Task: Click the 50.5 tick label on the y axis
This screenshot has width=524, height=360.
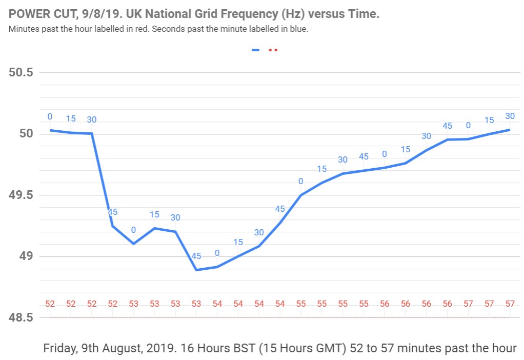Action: (21, 72)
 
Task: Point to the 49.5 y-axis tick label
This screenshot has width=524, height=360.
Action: (21, 195)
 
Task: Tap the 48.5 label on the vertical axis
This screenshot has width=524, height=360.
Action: (21, 318)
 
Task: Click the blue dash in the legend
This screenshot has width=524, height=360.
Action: (256, 50)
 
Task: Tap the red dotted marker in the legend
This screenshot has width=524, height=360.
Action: (273, 50)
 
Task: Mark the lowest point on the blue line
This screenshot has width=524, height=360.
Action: (196, 270)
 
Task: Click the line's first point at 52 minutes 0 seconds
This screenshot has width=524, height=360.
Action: (50, 130)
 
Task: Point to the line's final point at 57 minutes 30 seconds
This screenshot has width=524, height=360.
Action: (510, 130)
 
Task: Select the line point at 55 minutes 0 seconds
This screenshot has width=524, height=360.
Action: (301, 195)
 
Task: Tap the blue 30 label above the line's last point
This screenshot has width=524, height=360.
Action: (510, 116)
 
